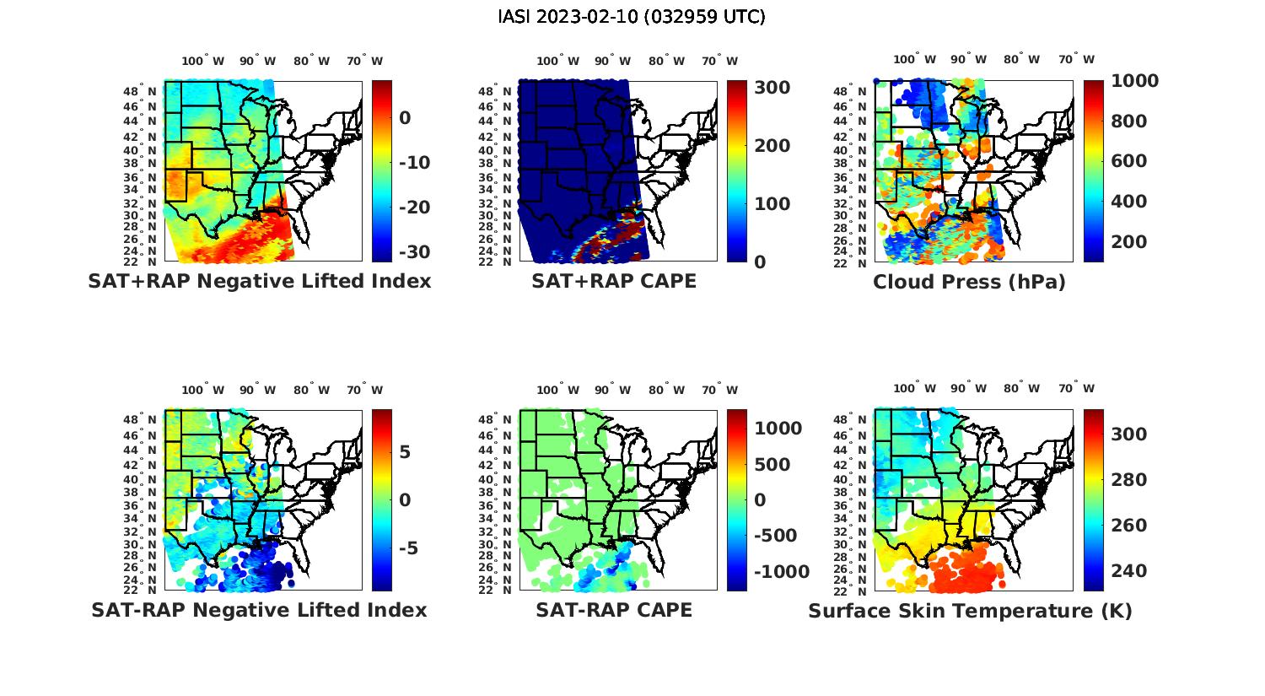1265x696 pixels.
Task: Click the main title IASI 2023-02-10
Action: [x=632, y=17]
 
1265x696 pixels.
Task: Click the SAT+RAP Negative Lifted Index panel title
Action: [x=260, y=281]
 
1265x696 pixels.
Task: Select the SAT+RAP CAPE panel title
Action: [x=614, y=281]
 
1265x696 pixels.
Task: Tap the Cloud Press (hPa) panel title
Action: [x=969, y=282]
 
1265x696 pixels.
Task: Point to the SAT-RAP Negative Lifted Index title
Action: [x=259, y=610]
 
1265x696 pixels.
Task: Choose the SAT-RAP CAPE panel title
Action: [x=614, y=610]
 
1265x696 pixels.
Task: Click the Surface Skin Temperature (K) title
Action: [x=970, y=611]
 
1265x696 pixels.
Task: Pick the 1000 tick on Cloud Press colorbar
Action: [x=1134, y=81]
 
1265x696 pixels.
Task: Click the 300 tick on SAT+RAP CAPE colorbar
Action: [x=772, y=88]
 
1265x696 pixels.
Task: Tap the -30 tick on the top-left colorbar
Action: [x=414, y=252]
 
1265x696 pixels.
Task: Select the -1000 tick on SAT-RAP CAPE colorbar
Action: [x=781, y=572]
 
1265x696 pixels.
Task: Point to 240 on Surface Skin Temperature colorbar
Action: [x=1128, y=571]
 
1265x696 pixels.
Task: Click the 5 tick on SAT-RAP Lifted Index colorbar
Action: [x=405, y=452]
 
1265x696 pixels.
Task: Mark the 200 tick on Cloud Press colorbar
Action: [x=1128, y=242]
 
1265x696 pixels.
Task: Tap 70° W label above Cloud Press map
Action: [x=1077, y=59]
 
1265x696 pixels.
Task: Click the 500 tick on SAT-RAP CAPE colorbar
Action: [x=772, y=465]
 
